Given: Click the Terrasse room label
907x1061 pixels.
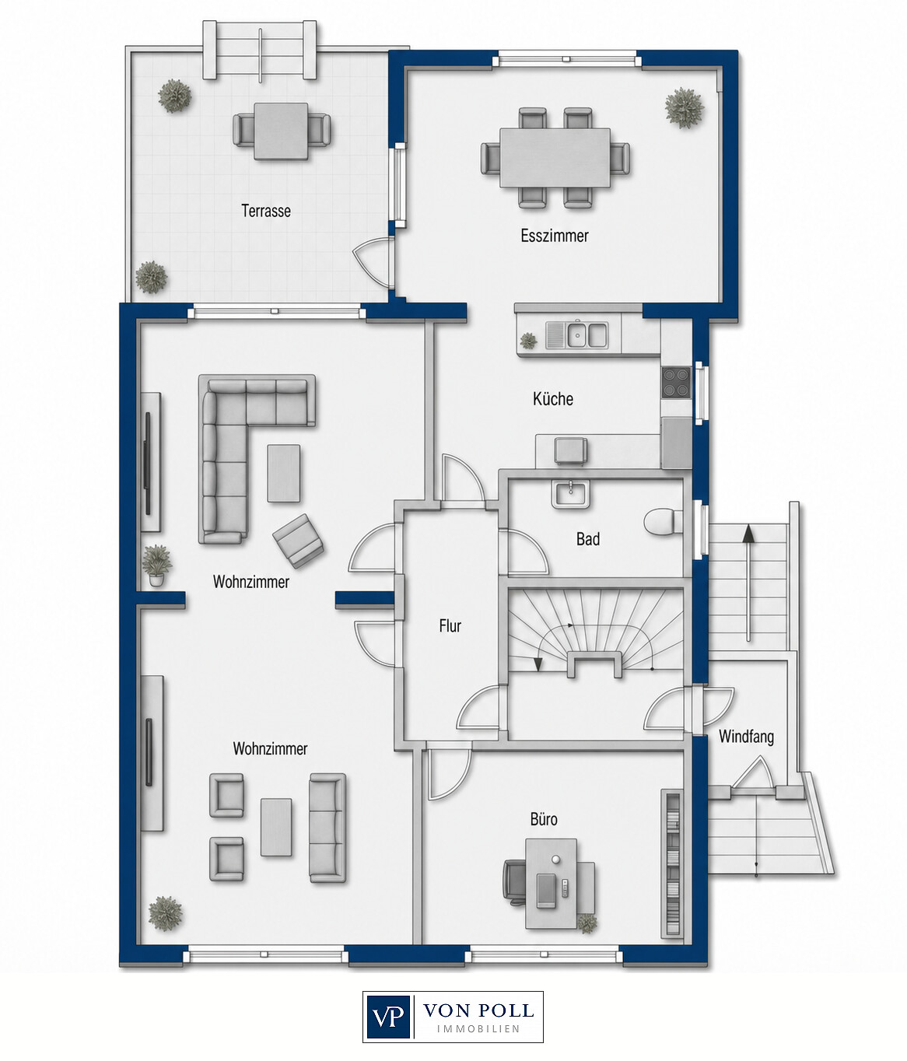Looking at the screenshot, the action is click(266, 211).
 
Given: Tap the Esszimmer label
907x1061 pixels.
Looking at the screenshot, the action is click(555, 236).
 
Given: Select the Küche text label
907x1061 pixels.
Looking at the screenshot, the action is click(553, 398).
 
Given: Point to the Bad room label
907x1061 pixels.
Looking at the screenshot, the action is click(588, 539).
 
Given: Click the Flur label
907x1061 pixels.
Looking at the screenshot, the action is click(450, 625).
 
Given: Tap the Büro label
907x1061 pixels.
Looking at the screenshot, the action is click(544, 819).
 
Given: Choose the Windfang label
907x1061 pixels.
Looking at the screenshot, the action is click(746, 737).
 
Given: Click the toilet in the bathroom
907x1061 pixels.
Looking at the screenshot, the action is click(664, 523).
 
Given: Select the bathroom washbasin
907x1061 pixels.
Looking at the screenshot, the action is click(571, 494).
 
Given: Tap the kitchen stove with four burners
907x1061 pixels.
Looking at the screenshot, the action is click(677, 383).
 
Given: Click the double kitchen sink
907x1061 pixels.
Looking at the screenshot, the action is click(577, 335).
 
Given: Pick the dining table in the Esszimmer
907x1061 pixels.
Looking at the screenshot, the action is click(555, 158).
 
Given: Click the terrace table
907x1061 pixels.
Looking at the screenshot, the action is click(282, 131).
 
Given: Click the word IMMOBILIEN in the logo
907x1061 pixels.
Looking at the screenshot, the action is click(478, 1029).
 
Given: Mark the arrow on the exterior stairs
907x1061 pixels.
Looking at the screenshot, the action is click(748, 583).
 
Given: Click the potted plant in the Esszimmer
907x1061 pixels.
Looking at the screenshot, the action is click(684, 108).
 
